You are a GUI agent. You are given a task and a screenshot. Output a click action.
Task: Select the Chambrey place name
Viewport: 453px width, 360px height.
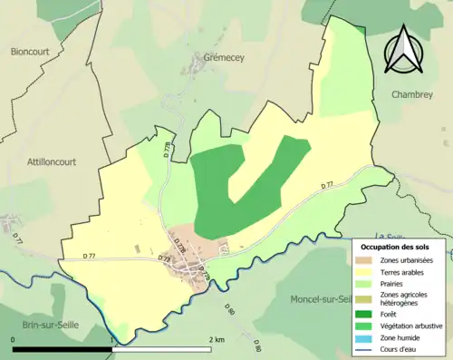414,93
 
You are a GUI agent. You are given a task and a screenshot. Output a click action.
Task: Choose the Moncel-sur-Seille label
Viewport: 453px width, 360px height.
321,299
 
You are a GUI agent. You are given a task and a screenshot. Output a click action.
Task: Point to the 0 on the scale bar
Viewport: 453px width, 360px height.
14,339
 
